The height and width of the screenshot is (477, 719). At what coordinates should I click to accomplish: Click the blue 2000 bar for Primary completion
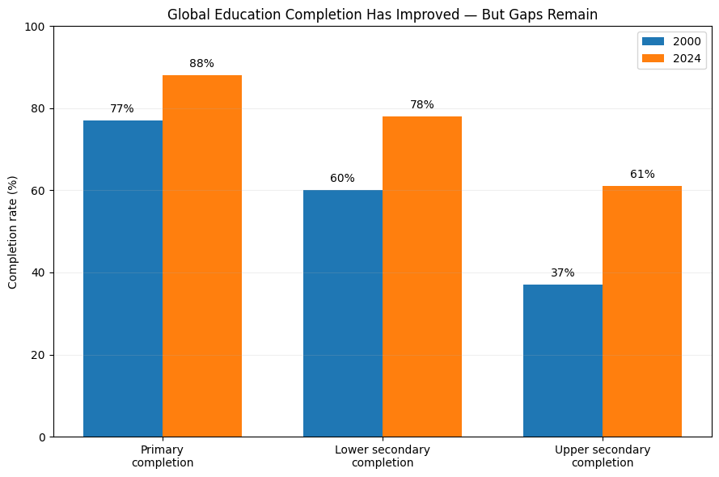coord(123,279)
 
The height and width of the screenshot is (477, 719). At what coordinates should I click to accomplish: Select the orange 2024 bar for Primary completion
coord(202,256)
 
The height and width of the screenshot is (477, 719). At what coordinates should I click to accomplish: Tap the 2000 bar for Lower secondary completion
coord(343,314)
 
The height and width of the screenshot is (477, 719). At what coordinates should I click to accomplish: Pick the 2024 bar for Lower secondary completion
coord(422,276)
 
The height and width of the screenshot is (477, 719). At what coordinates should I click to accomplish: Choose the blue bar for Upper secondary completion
coord(563,361)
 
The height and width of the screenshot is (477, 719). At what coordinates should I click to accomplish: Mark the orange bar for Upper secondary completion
coord(642,311)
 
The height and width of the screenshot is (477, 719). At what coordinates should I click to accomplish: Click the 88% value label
coord(201,63)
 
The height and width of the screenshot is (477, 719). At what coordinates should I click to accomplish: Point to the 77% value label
coord(122,108)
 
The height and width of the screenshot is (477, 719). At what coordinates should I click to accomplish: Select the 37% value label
coord(563,272)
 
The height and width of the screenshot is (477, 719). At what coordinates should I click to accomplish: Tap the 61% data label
coord(642,174)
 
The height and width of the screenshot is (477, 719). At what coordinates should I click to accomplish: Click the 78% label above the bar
coord(422,104)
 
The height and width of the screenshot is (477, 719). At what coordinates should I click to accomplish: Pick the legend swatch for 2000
coord(653,41)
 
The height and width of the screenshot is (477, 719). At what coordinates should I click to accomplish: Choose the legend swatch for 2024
coord(653,58)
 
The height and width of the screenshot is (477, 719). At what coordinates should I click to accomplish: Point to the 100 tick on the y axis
coord(35,27)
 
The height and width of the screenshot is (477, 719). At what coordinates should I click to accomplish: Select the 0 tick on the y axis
coord(42,437)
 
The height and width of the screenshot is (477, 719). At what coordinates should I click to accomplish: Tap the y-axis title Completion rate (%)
coord(12,232)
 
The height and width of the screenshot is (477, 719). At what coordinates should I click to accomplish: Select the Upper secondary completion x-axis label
coord(603,456)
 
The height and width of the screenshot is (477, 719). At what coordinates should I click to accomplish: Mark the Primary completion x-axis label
coord(163,456)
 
